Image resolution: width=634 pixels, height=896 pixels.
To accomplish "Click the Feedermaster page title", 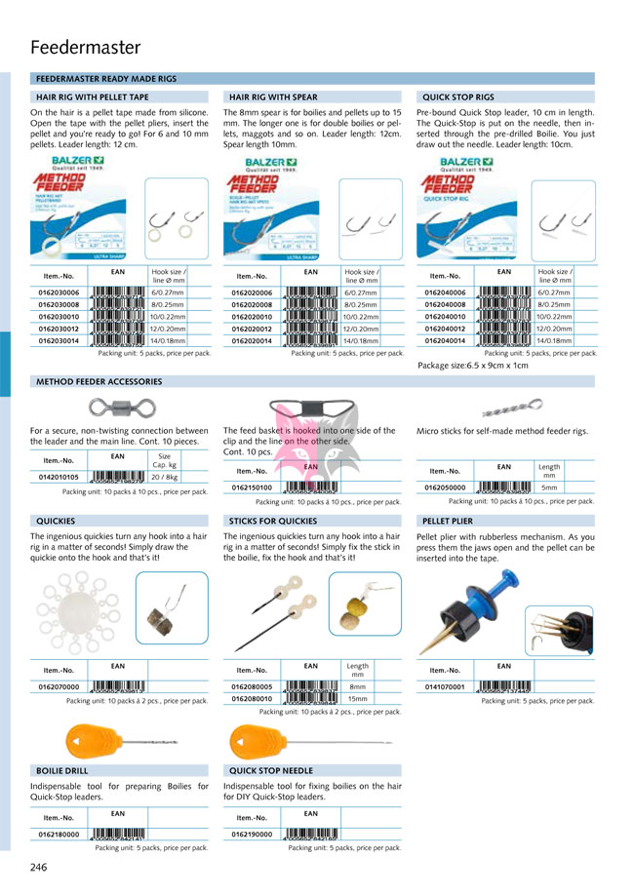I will coord(86,47).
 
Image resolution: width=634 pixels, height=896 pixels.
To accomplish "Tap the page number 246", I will coord(40,867).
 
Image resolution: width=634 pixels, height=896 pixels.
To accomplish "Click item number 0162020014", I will coord(252,341).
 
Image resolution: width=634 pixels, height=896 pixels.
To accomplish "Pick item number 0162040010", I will coord(445,317).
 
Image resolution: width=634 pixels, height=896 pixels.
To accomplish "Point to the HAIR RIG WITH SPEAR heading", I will coord(273,97).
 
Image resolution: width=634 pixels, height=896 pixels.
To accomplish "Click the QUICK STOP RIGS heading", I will coord(457,97).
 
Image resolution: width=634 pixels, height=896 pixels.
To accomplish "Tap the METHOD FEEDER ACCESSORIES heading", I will coord(99,382).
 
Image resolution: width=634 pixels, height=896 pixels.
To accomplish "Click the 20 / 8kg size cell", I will coord(164,478).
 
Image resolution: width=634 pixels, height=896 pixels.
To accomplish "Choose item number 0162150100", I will coord(252,487).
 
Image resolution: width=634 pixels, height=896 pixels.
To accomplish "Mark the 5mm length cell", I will coord(549,487).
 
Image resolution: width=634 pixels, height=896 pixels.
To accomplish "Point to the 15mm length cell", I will coord(357,699).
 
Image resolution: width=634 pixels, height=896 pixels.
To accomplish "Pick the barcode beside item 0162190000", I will coord(310,835).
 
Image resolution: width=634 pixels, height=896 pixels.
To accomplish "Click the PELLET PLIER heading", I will coord(448,522).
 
